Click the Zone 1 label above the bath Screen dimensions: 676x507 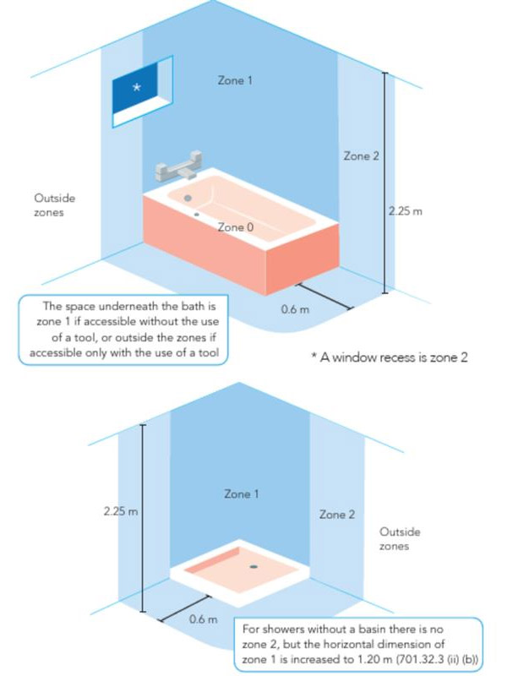[x=235, y=81]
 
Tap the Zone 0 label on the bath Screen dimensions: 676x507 [x=235, y=227]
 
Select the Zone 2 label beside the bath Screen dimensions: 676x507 [x=361, y=156]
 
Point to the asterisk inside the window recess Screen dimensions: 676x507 [x=139, y=86]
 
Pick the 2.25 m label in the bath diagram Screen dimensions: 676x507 [x=406, y=210]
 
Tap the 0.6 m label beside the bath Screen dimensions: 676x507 [x=295, y=309]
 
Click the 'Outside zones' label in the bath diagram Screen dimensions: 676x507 [x=55, y=205]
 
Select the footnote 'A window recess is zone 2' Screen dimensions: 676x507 [x=390, y=357]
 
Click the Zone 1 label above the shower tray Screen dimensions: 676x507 [x=242, y=493]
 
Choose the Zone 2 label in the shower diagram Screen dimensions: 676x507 [x=337, y=514]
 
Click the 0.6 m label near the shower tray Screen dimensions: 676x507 [x=203, y=619]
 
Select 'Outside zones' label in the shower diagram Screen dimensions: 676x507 [x=400, y=539]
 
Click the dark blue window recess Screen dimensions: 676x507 [x=139, y=91]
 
